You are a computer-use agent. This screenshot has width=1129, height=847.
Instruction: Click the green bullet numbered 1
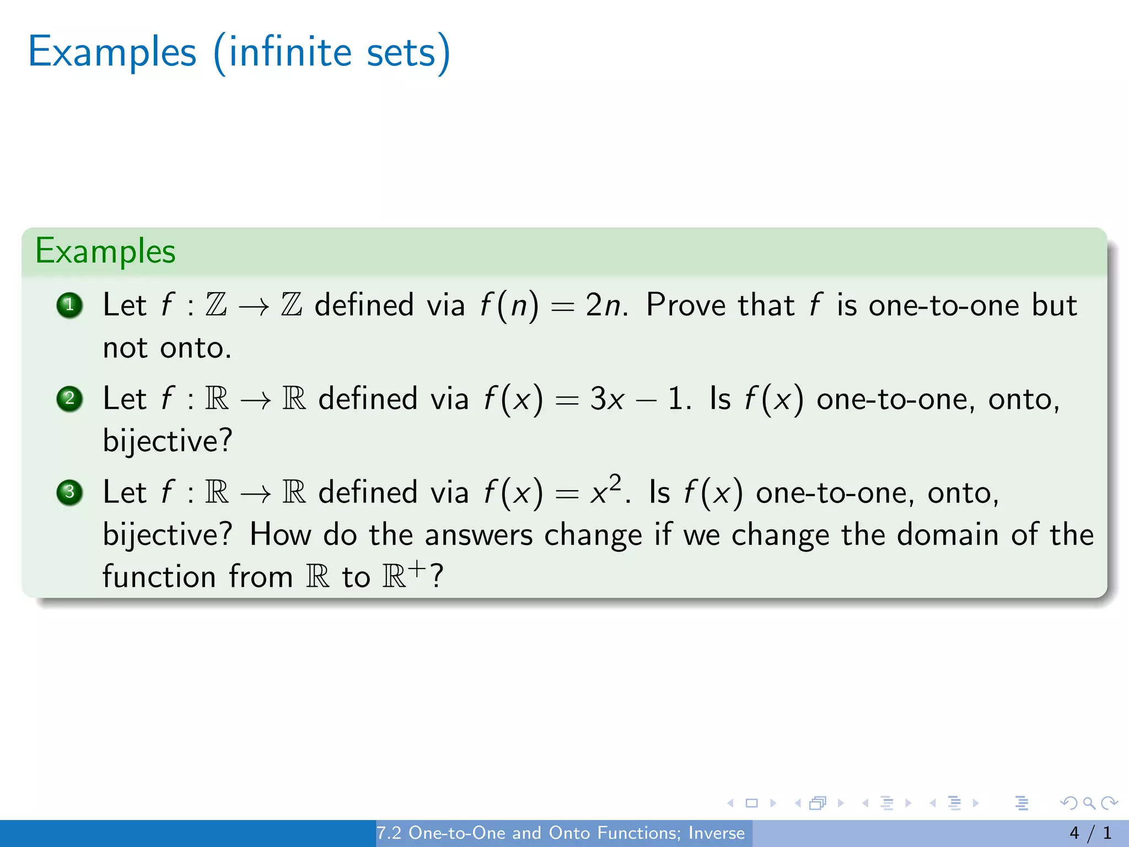(69, 305)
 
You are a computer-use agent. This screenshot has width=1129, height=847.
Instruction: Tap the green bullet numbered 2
(69, 399)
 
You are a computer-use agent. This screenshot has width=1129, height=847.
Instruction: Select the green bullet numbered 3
(69, 492)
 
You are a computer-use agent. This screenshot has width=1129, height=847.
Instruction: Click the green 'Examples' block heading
(105, 251)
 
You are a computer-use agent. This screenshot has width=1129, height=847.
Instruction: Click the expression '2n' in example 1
(604, 305)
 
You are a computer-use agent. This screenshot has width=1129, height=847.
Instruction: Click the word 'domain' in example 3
(947, 534)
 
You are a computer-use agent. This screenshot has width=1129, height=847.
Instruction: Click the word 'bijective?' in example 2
(168, 441)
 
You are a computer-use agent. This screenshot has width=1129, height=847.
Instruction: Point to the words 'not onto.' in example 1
(168, 348)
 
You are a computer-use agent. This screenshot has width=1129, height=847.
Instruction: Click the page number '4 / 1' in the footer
(1090, 833)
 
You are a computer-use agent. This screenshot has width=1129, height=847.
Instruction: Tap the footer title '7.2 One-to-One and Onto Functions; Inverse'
(561, 833)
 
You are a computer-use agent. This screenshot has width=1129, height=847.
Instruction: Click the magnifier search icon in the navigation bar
(1089, 803)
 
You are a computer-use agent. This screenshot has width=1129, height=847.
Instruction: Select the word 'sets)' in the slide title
(408, 52)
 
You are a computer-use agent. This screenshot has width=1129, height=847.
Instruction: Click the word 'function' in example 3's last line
(159, 577)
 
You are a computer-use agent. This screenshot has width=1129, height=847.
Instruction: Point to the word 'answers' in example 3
(479, 534)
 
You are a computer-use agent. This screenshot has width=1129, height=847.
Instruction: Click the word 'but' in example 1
(1054, 305)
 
